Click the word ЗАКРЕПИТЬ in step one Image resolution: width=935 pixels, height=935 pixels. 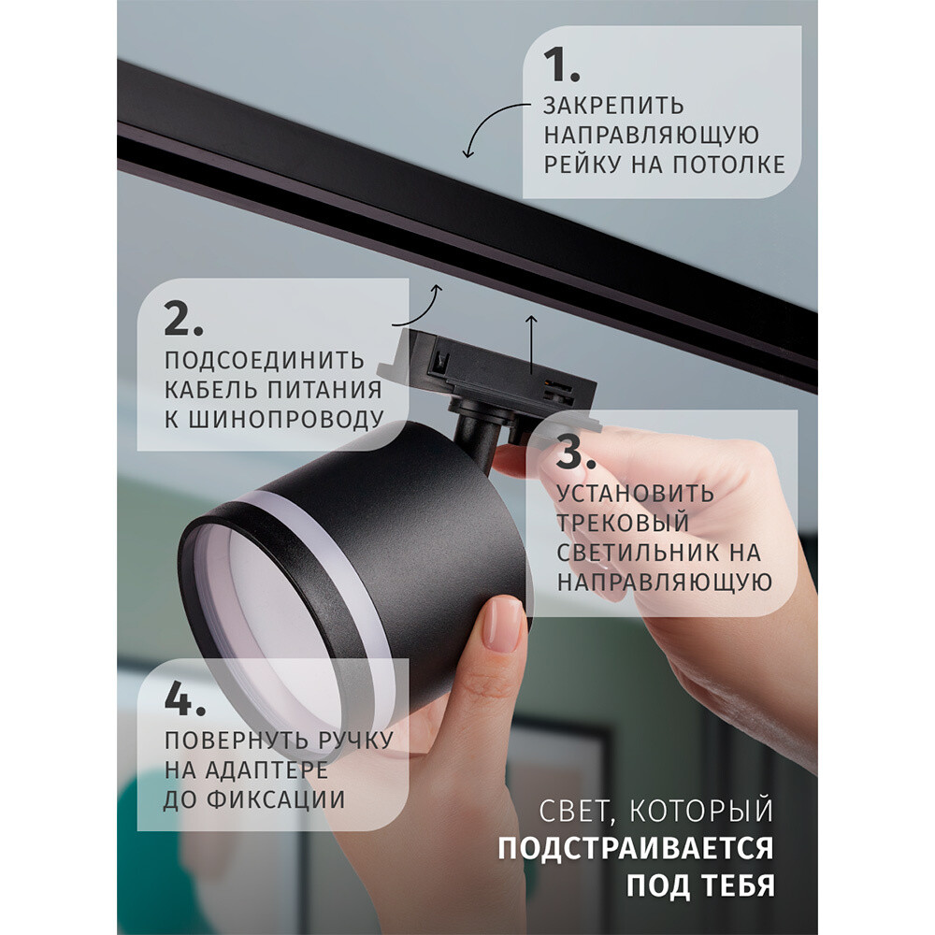pos(613,106)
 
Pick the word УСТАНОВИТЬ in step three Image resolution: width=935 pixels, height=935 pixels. pos(635,494)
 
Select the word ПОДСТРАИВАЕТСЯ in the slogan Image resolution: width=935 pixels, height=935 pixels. pos(635,848)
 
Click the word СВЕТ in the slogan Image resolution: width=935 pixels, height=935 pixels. pos(573,812)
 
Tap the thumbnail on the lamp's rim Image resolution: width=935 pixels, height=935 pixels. pos(503,624)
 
